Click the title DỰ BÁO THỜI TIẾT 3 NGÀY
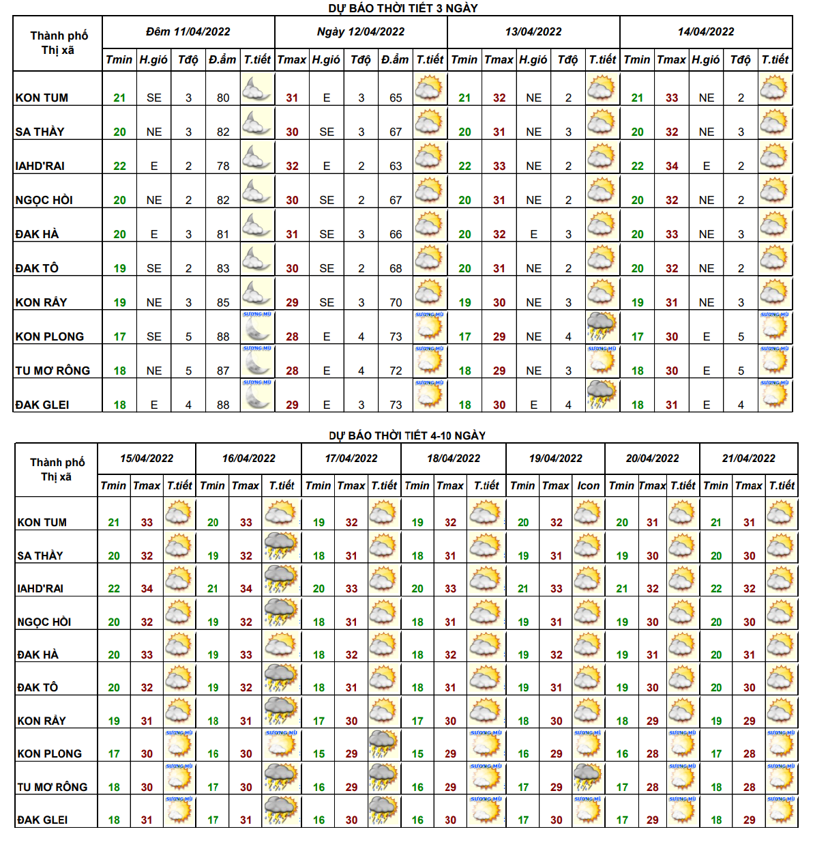pyautogui.click(x=403, y=8)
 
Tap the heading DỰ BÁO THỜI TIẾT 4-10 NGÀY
pyautogui.click(x=407, y=435)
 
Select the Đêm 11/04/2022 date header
pyautogui.click(x=188, y=32)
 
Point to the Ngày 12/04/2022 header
pyautogui.click(x=361, y=32)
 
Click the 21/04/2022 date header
pyautogui.click(x=748, y=459)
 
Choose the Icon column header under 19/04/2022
pyautogui.click(x=588, y=485)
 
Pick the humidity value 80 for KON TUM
pyautogui.click(x=223, y=98)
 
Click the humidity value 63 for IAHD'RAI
pyautogui.click(x=396, y=166)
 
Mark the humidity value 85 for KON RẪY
pyautogui.click(x=223, y=302)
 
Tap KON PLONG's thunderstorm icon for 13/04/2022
pyautogui.click(x=602, y=327)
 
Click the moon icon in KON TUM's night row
pyautogui.click(x=256, y=89)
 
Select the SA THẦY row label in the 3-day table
pyautogui.click(x=40, y=132)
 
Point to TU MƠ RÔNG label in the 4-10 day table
pyautogui.click(x=53, y=787)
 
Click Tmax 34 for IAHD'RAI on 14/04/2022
pyautogui.click(x=672, y=166)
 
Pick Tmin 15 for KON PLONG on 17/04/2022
pyautogui.click(x=319, y=753)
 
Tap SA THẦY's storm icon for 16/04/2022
pyautogui.click(x=281, y=546)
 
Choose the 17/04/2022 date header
pyautogui.click(x=351, y=459)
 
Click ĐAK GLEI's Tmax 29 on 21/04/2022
pyautogui.click(x=749, y=820)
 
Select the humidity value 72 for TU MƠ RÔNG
pyautogui.click(x=396, y=371)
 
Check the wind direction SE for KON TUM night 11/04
pyautogui.click(x=154, y=98)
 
